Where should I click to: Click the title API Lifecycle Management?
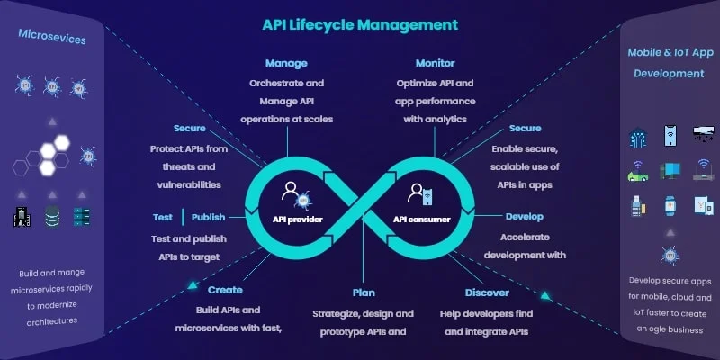coord(359,24)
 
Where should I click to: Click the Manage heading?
coord(286,64)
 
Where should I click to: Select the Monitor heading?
coord(435,64)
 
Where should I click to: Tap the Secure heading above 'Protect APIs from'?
coord(189,129)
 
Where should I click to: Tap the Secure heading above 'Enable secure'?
coord(525,129)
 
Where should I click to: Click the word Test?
coord(162,217)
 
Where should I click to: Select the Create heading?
coord(225,291)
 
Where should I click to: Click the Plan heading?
coord(364,292)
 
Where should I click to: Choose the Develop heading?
coord(525,217)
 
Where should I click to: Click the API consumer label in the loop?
coord(422,218)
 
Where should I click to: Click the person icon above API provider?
coord(291,191)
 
